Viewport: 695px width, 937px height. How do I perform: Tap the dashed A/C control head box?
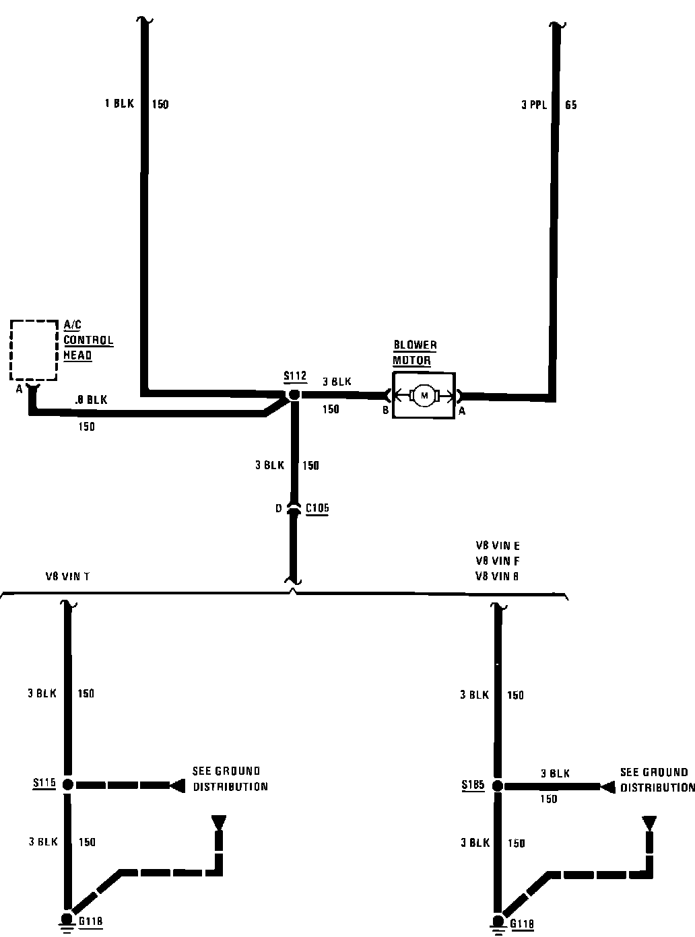click(x=34, y=349)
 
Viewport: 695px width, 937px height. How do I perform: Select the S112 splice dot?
click(x=294, y=395)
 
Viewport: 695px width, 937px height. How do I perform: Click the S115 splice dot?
click(x=67, y=784)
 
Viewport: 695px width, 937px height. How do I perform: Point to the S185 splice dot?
click(x=498, y=786)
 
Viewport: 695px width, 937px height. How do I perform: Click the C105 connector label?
click(x=317, y=508)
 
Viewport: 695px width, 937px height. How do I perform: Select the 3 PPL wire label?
click(x=533, y=105)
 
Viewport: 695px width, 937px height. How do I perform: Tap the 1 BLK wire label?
click(x=119, y=104)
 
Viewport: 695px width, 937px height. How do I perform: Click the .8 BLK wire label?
click(x=91, y=400)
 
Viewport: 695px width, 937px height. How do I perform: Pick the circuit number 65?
click(x=571, y=105)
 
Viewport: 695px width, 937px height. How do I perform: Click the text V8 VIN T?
click(x=67, y=576)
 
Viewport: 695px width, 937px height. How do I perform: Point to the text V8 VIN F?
click(x=498, y=561)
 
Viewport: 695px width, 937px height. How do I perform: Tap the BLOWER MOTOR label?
click(x=415, y=353)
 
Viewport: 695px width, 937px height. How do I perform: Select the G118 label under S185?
click(x=522, y=924)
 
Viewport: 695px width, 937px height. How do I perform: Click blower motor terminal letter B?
click(x=386, y=411)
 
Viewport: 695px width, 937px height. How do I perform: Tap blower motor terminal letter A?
click(x=462, y=411)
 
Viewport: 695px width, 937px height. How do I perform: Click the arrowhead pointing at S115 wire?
click(x=178, y=785)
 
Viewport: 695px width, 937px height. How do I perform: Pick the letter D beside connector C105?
click(x=278, y=509)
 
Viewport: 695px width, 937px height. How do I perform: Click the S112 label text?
click(x=295, y=376)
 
